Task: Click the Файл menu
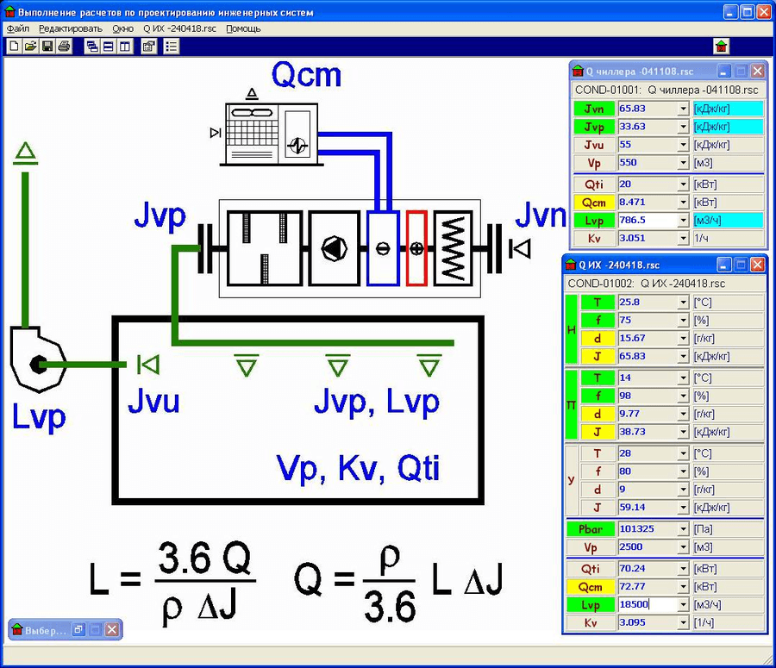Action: click(x=17, y=28)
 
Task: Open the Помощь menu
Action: click(x=243, y=28)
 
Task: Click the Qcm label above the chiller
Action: click(x=306, y=76)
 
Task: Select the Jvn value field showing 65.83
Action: click(x=648, y=109)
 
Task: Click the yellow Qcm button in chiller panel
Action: click(x=594, y=202)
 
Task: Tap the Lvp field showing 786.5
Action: click(x=648, y=220)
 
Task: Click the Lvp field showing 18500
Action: click(x=648, y=605)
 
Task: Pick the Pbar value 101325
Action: click(x=648, y=528)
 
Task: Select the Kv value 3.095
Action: click(x=648, y=623)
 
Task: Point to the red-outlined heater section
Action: click(x=417, y=248)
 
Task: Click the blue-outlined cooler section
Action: click(x=382, y=248)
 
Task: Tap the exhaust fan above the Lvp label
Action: click(x=35, y=361)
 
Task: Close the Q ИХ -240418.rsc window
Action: click(x=757, y=265)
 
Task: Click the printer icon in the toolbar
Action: click(x=63, y=46)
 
